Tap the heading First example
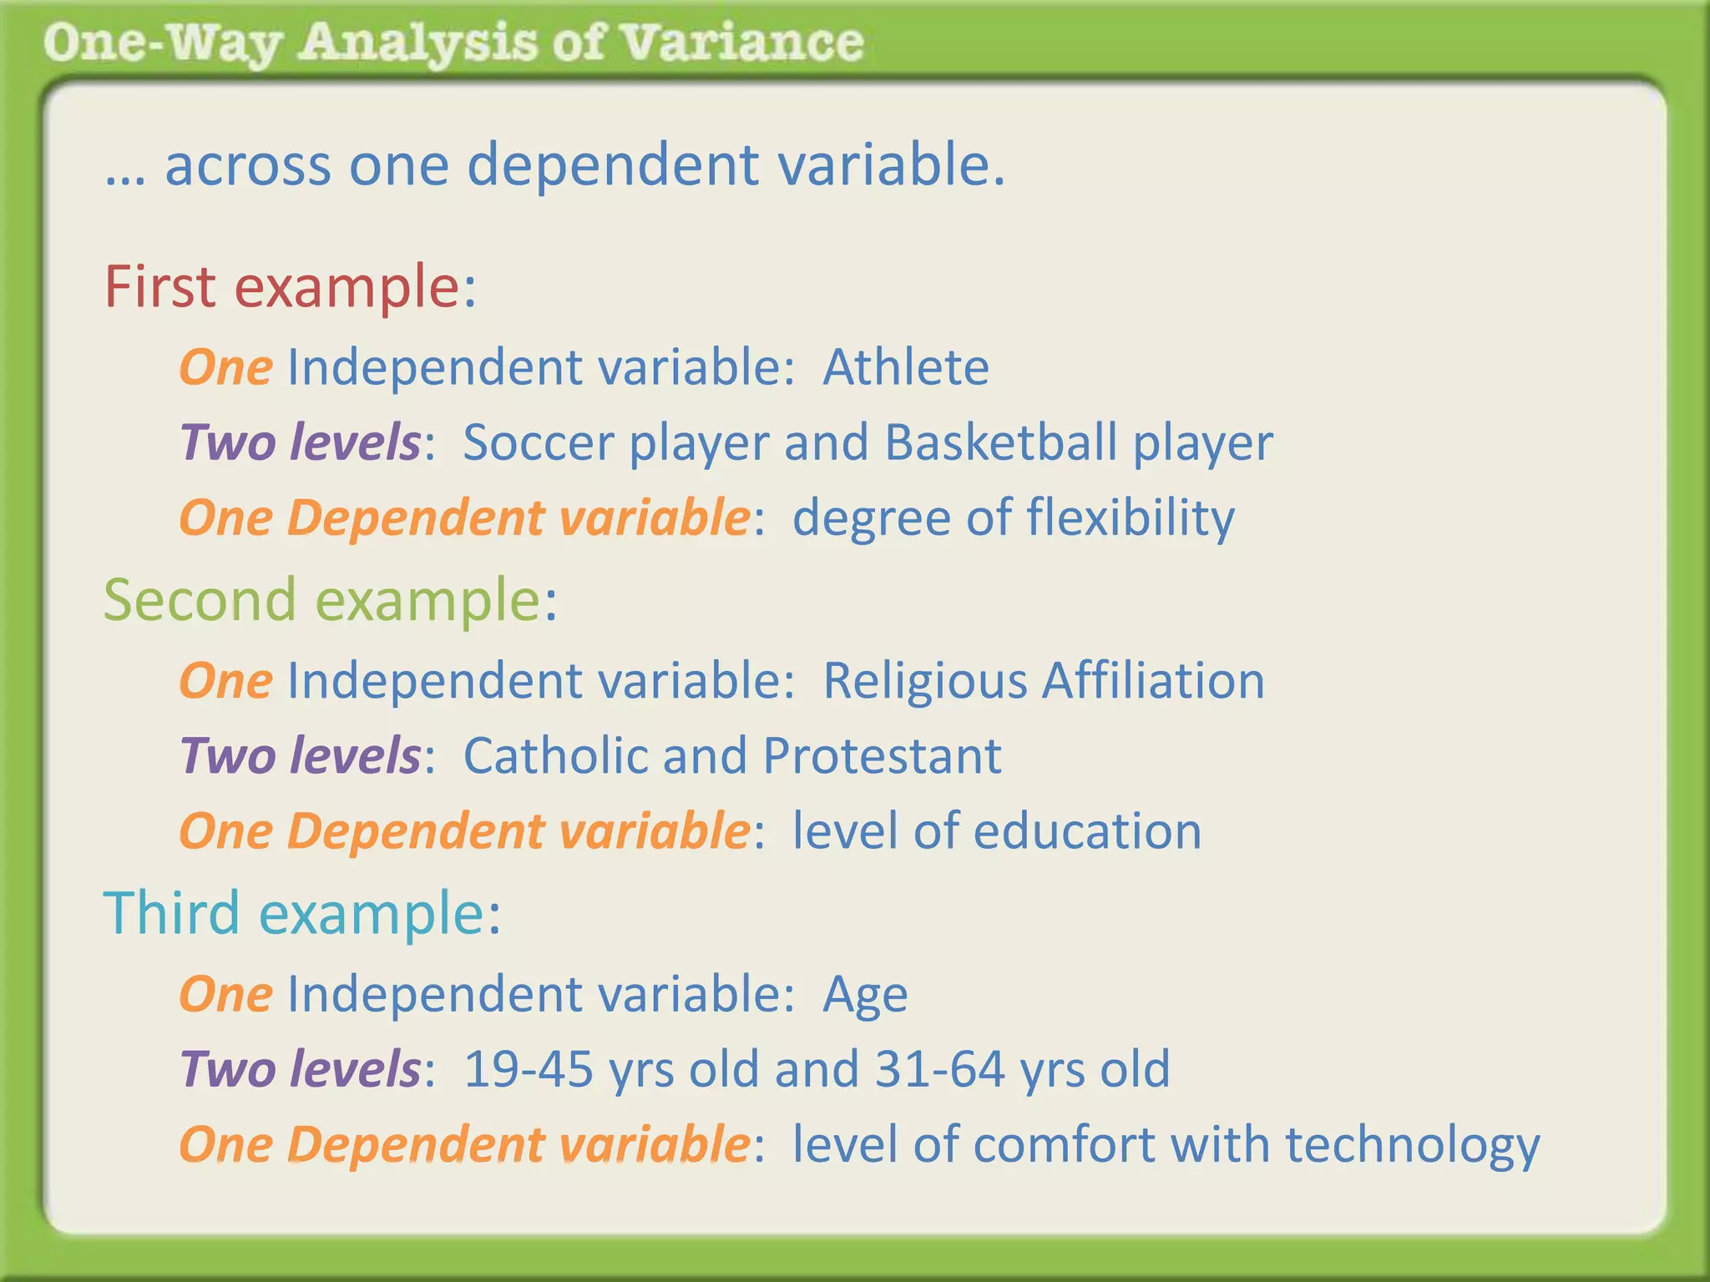[x=289, y=286]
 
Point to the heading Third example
[x=301, y=913]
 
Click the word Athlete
[x=906, y=367]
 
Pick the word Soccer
[x=538, y=442]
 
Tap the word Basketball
[x=1000, y=442]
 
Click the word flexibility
[x=1131, y=518]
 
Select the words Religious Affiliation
[x=1044, y=680]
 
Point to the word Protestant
[x=882, y=756]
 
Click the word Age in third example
[x=865, y=996]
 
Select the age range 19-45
[x=528, y=1069]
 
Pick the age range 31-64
[x=939, y=1069]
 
